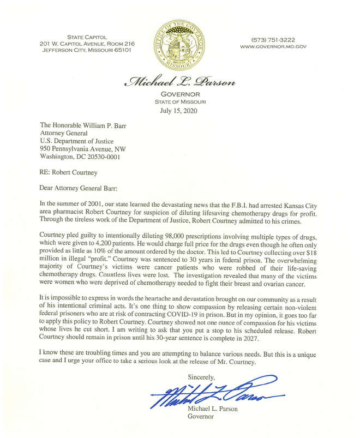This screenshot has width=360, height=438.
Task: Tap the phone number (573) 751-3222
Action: point(273,40)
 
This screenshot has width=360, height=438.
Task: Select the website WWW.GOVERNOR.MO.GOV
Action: point(273,46)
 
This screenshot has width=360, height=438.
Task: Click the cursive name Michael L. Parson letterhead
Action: point(179,81)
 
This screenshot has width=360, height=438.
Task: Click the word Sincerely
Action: point(202,376)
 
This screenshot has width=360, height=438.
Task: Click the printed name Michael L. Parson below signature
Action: point(212,409)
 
